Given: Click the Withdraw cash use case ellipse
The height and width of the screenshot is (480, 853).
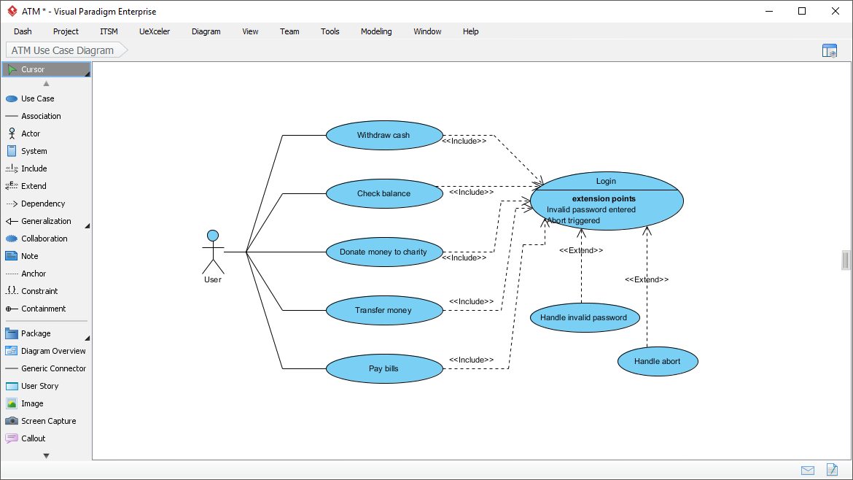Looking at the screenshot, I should pyautogui.click(x=384, y=136).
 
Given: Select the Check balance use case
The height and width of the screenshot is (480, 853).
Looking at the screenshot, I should pyautogui.click(x=384, y=194).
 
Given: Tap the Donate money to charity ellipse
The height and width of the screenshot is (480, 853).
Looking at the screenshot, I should pyautogui.click(x=384, y=252).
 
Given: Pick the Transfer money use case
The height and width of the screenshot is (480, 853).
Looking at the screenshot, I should pyautogui.click(x=384, y=311).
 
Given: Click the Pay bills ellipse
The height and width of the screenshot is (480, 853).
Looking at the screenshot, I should pyautogui.click(x=384, y=369).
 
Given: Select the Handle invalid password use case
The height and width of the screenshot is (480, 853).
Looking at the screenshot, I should pyautogui.click(x=584, y=318).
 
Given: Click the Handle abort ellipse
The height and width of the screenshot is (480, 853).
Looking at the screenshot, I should pyautogui.click(x=658, y=362).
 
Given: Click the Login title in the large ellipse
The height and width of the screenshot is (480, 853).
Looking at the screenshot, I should pyautogui.click(x=606, y=181).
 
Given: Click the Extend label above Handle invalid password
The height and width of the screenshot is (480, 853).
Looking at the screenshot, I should pyautogui.click(x=581, y=250).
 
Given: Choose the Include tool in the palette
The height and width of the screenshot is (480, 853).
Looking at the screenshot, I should pyautogui.click(x=34, y=169).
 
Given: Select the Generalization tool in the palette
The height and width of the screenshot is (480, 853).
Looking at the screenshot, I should pyautogui.click(x=46, y=221).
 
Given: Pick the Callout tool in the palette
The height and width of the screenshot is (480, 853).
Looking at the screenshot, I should pyautogui.click(x=33, y=438).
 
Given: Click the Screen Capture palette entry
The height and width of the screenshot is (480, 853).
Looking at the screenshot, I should pyautogui.click(x=48, y=421).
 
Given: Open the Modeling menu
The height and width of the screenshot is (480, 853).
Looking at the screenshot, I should pyautogui.click(x=376, y=31).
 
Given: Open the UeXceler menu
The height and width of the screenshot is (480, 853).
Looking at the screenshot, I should pyautogui.click(x=155, y=31).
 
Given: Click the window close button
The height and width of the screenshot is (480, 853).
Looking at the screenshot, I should pyautogui.click(x=836, y=11).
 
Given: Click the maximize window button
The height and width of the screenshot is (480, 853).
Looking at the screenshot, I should pyautogui.click(x=802, y=11).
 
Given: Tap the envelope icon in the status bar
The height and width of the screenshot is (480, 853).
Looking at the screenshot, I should pyautogui.click(x=808, y=470).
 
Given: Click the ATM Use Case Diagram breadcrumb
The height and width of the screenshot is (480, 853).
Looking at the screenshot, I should pyautogui.click(x=63, y=50).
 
